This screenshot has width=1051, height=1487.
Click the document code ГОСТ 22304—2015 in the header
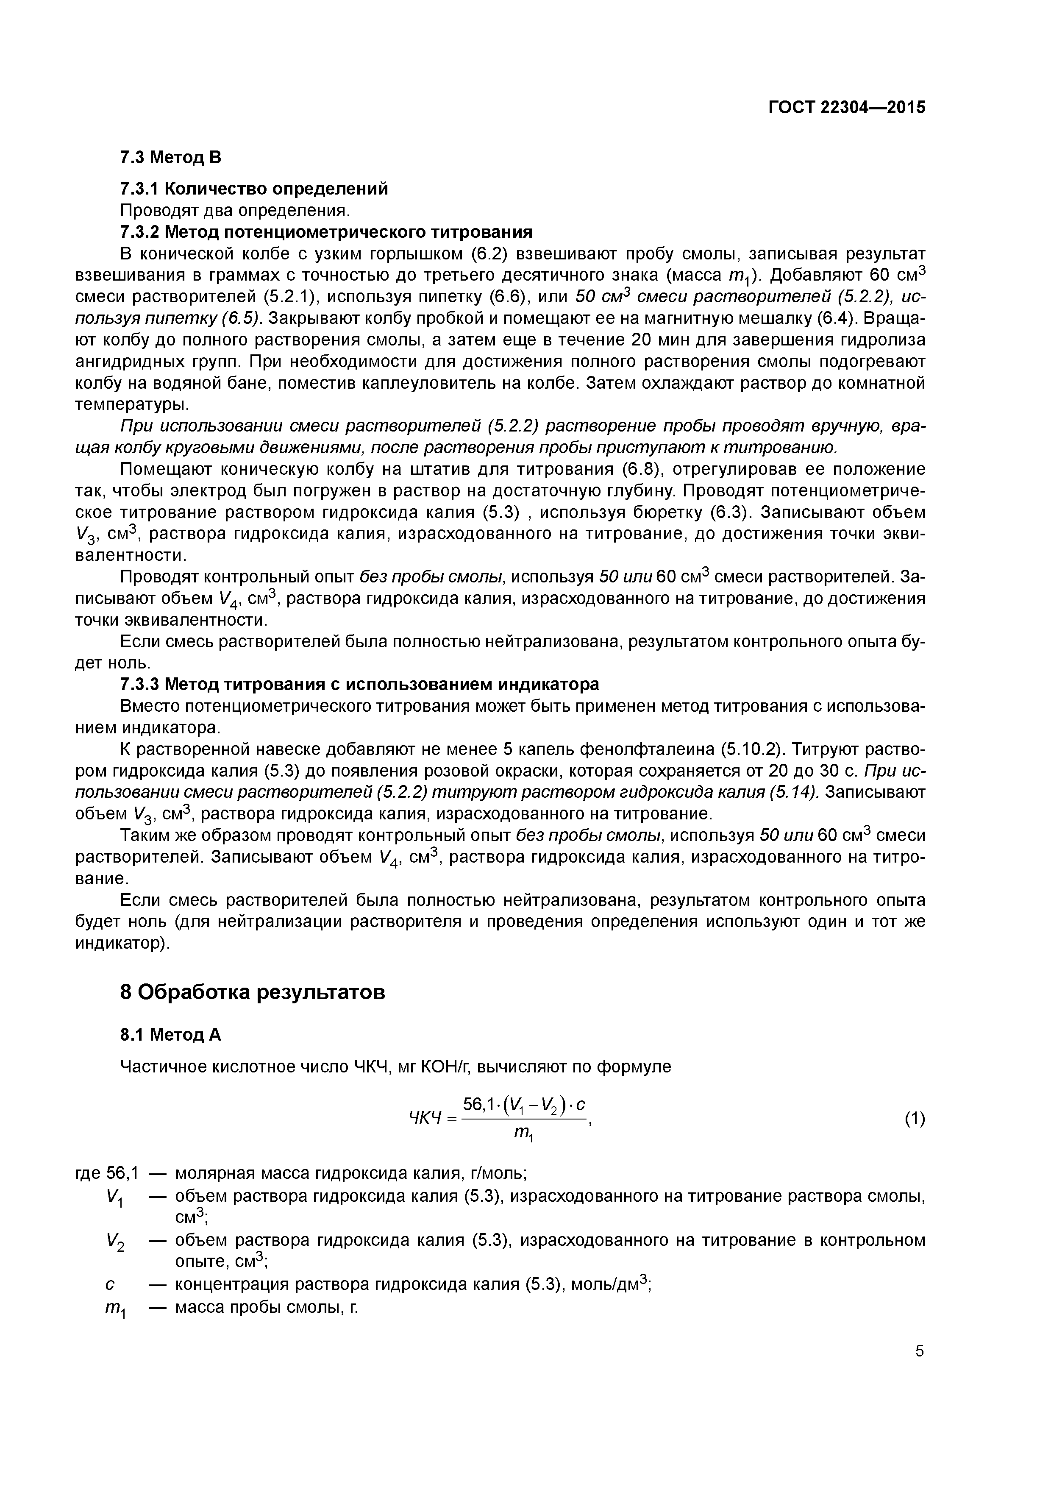coord(846,108)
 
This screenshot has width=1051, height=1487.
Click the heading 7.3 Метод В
coord(170,157)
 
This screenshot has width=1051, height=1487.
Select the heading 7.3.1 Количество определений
coord(255,189)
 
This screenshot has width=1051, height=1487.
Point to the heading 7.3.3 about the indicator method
coord(359,684)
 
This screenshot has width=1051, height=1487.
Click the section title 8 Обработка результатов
coord(253,991)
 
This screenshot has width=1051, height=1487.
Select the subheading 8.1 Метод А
coord(170,1035)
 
